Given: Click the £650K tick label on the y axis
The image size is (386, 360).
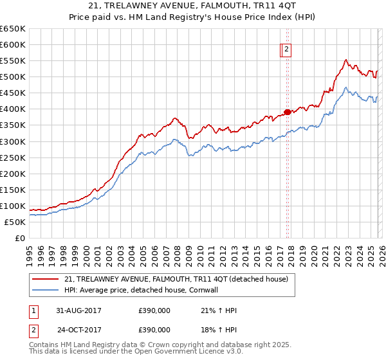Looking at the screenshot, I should point(14,29).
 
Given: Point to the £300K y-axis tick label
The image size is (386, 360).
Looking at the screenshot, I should point(14,141).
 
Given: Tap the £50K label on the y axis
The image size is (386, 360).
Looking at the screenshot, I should point(15,222).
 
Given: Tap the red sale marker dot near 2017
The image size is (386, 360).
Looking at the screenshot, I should point(287,112).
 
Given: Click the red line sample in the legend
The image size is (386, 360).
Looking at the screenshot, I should point(46,278).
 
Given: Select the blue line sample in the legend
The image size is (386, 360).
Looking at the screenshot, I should point(46,290).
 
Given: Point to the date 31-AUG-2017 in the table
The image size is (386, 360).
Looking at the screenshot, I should point(78,310).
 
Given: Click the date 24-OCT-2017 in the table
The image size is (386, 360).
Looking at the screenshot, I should point(78,329).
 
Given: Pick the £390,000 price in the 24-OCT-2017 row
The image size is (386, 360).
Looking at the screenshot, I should point(154,329).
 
